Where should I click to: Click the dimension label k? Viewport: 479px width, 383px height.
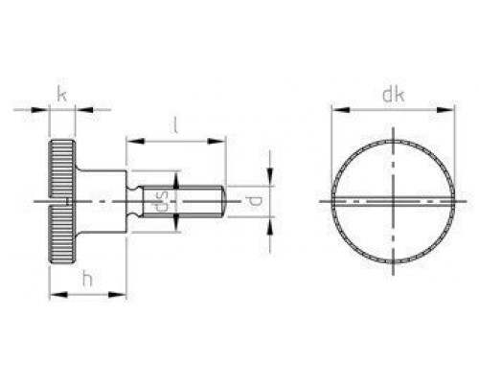click(61, 94)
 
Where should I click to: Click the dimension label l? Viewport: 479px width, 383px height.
click(174, 124)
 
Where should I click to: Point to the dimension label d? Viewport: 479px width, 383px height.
click(253, 201)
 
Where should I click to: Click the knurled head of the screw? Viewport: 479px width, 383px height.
click(62, 201)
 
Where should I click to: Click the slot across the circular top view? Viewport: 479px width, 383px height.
click(393, 201)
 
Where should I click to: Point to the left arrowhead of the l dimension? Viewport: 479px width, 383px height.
click(132, 142)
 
